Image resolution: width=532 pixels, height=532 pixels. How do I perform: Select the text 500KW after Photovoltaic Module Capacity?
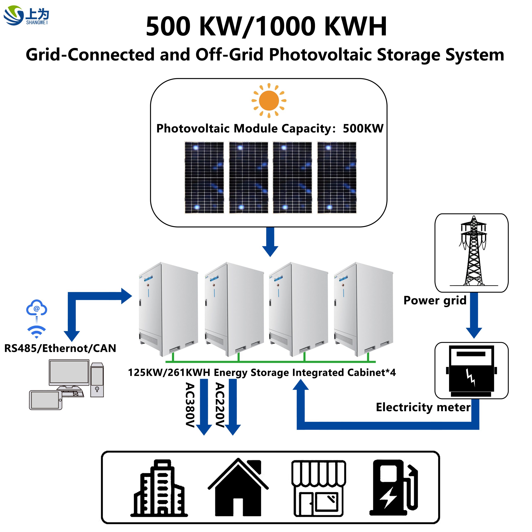[363, 129]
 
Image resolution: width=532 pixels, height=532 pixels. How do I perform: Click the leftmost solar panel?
[204, 178]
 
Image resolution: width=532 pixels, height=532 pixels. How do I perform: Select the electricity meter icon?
[471, 370]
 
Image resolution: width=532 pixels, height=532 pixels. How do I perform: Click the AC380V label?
[190, 405]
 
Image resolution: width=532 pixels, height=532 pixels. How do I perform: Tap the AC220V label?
[220, 405]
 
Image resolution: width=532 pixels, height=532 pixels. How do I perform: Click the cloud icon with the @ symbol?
[37, 308]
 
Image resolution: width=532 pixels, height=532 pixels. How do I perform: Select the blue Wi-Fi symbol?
[36, 331]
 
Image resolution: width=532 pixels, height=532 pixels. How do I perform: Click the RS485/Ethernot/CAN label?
[60, 348]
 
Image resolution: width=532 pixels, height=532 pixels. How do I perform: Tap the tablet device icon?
[46, 400]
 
